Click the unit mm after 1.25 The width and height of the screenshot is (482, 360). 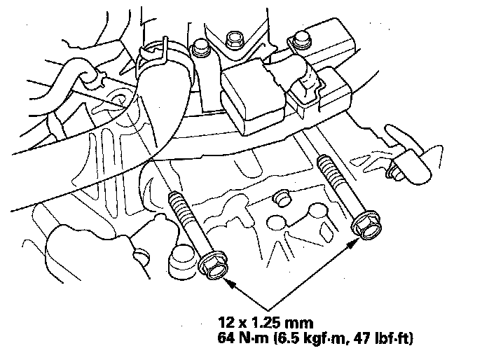291,323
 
